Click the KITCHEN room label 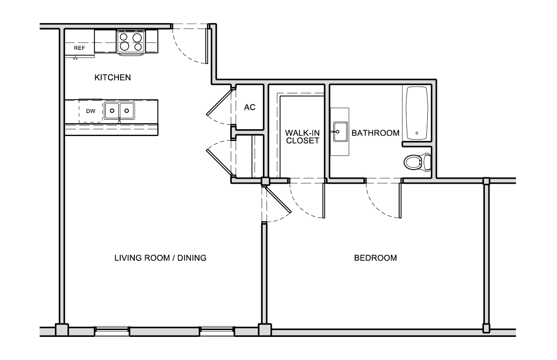point(112,78)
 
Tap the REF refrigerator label point(79,48)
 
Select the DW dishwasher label point(91,111)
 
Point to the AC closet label point(249,107)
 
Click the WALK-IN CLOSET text point(303,137)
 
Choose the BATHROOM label point(375,133)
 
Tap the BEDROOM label point(375,258)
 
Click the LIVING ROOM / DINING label point(161,258)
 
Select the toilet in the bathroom point(417,162)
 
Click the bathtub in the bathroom point(417,113)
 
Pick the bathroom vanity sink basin point(341,132)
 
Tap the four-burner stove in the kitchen point(131,42)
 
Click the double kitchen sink point(119,111)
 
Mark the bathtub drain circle point(417,133)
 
